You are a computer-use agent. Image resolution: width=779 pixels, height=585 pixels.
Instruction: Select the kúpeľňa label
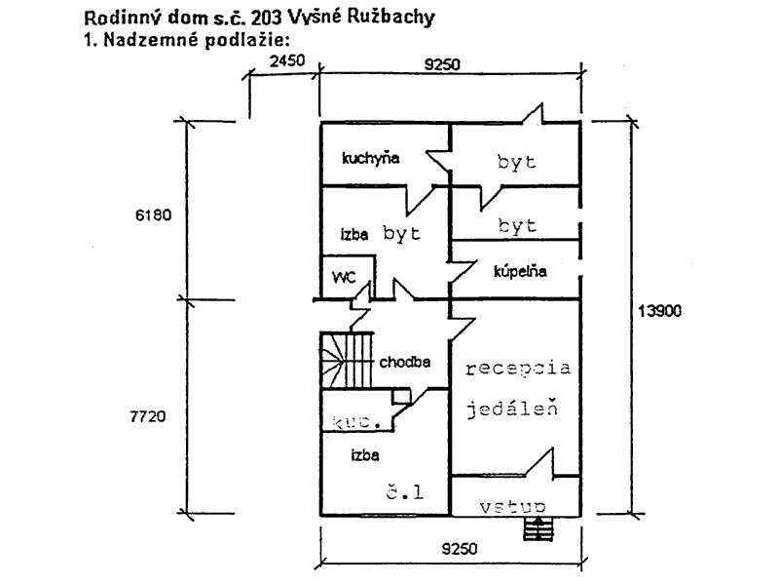pyautogui.click(x=520, y=272)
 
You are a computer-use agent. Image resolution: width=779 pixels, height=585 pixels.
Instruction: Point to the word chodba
pyautogui.click(x=405, y=362)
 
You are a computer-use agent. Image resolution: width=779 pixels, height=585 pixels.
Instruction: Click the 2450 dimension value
pyautogui.click(x=287, y=61)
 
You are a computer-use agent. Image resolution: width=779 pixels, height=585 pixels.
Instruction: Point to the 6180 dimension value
pyautogui.click(x=154, y=215)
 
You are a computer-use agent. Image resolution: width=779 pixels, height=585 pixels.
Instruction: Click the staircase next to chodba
pyautogui.click(x=348, y=361)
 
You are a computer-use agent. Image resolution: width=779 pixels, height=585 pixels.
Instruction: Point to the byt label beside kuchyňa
pyautogui.click(x=516, y=163)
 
